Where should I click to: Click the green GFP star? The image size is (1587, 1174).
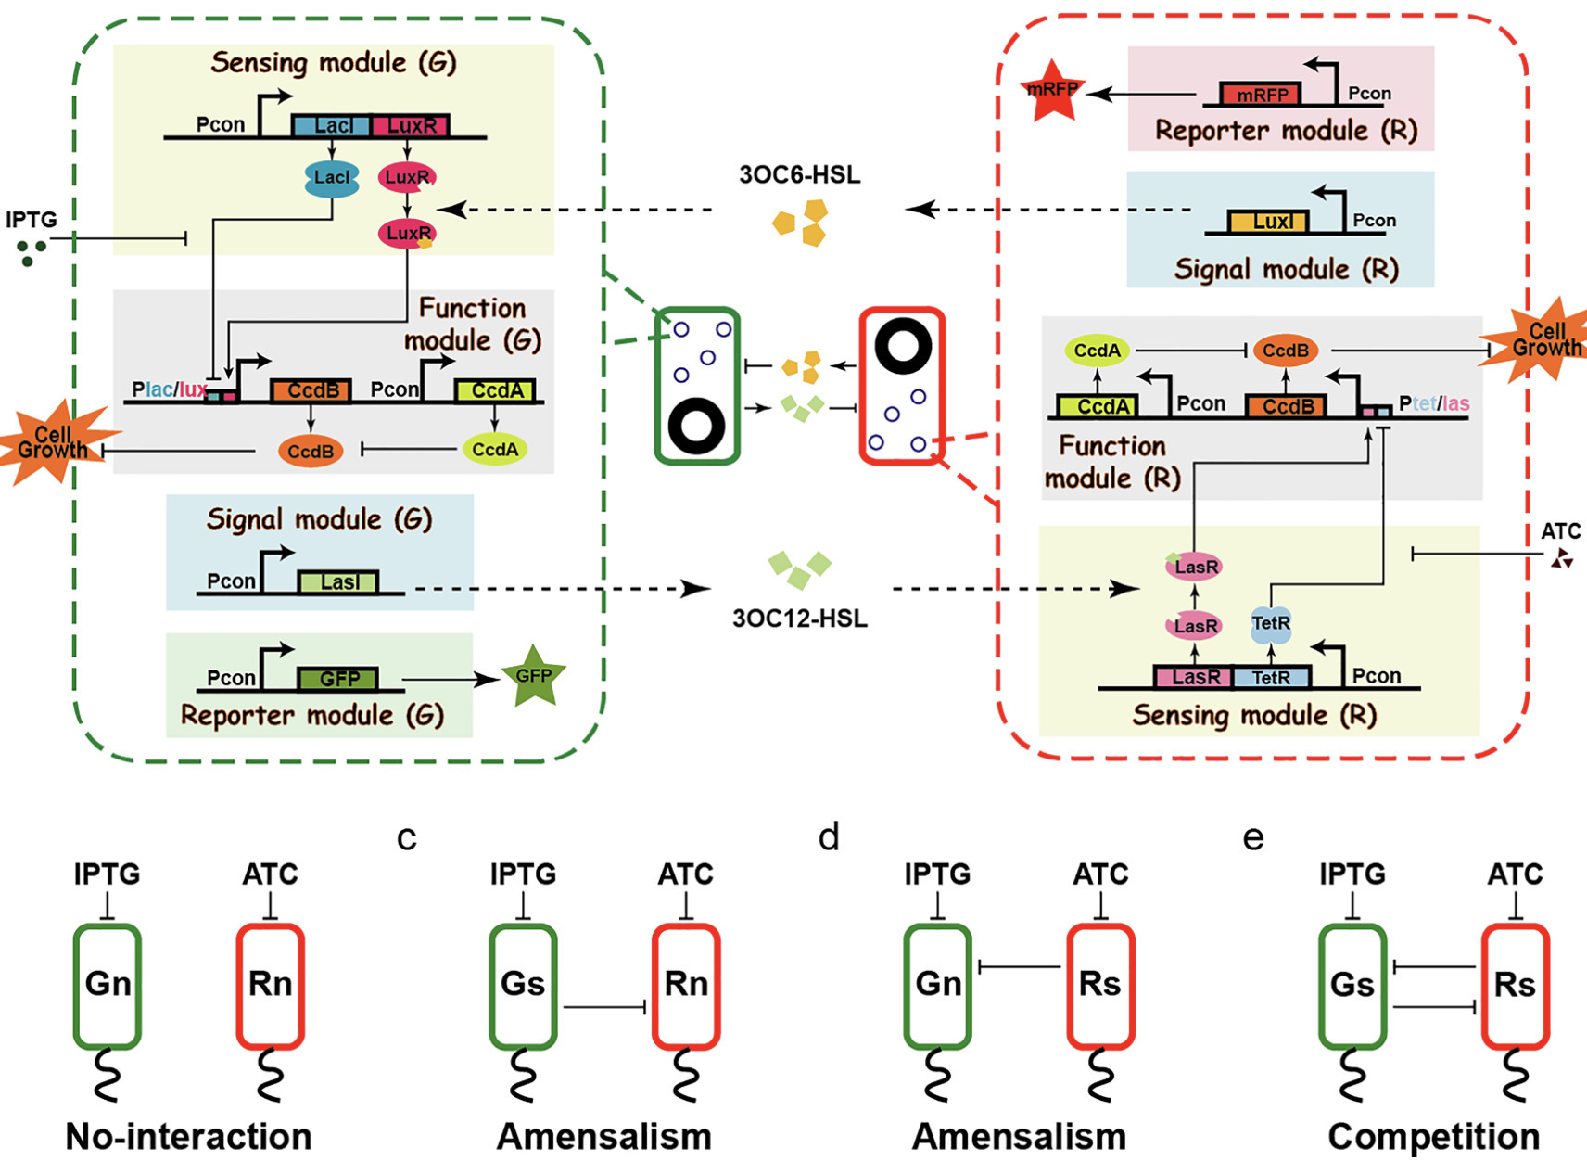coord(533,676)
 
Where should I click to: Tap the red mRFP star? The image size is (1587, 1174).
coord(1052,91)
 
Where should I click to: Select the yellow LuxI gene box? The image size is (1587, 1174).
coord(1268,222)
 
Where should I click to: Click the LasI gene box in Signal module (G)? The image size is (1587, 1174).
coord(338,582)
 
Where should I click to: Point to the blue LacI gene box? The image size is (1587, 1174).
coord(331,125)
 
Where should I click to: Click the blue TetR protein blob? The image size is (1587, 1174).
coord(1270,624)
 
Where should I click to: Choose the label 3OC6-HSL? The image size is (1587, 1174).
coord(799,174)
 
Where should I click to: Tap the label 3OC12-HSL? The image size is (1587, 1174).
coord(799,619)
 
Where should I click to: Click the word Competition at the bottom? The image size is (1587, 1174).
coord(1433,1136)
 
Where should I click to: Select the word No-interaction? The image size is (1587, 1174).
coord(188,1136)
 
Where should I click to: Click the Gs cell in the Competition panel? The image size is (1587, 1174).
coord(1352,985)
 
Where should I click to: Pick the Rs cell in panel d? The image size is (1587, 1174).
coord(1100,985)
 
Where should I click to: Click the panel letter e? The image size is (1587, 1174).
coord(1252,837)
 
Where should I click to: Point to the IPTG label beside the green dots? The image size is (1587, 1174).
coord(32,220)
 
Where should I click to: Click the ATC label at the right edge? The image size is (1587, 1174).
coord(1560,531)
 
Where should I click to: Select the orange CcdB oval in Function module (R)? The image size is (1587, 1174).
coord(1285,351)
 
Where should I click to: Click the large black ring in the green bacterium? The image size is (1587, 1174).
coord(696,427)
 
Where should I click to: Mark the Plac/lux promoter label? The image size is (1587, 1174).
coord(169,389)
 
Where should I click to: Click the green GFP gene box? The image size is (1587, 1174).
coord(338,679)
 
